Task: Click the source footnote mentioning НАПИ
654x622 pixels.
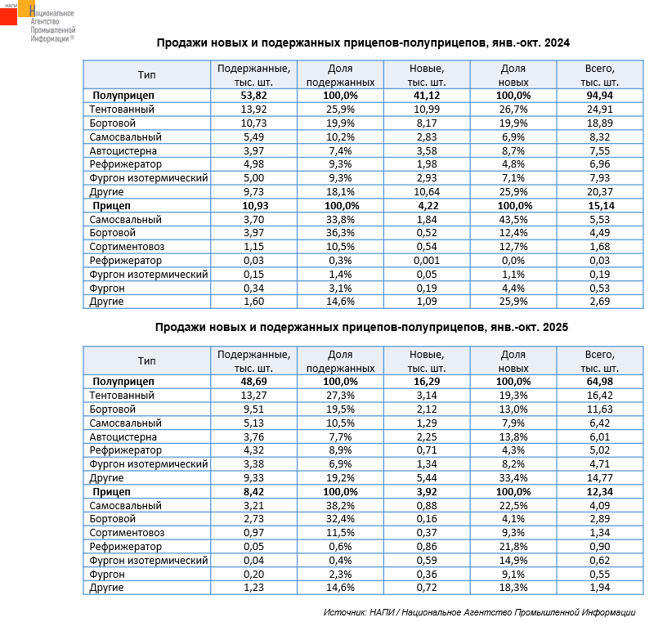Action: click(479, 612)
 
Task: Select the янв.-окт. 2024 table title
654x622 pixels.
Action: click(362, 43)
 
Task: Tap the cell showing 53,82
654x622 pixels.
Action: click(253, 96)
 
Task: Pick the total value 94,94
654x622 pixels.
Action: click(599, 96)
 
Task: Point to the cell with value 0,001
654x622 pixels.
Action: click(426, 261)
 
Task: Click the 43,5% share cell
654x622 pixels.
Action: click(513, 220)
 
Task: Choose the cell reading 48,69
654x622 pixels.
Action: click(253, 382)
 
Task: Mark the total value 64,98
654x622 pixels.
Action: click(599, 382)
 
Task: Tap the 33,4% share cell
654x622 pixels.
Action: click(513, 478)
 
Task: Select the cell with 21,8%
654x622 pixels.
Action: click(513, 547)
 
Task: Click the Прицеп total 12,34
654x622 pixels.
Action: click(599, 492)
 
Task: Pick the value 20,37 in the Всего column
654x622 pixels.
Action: click(599, 192)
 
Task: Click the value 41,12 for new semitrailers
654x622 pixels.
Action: click(426, 96)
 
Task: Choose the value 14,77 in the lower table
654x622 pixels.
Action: click(599, 478)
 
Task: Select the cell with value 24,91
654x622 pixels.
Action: click(599, 110)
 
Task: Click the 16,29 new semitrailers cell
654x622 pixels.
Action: click(426, 382)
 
